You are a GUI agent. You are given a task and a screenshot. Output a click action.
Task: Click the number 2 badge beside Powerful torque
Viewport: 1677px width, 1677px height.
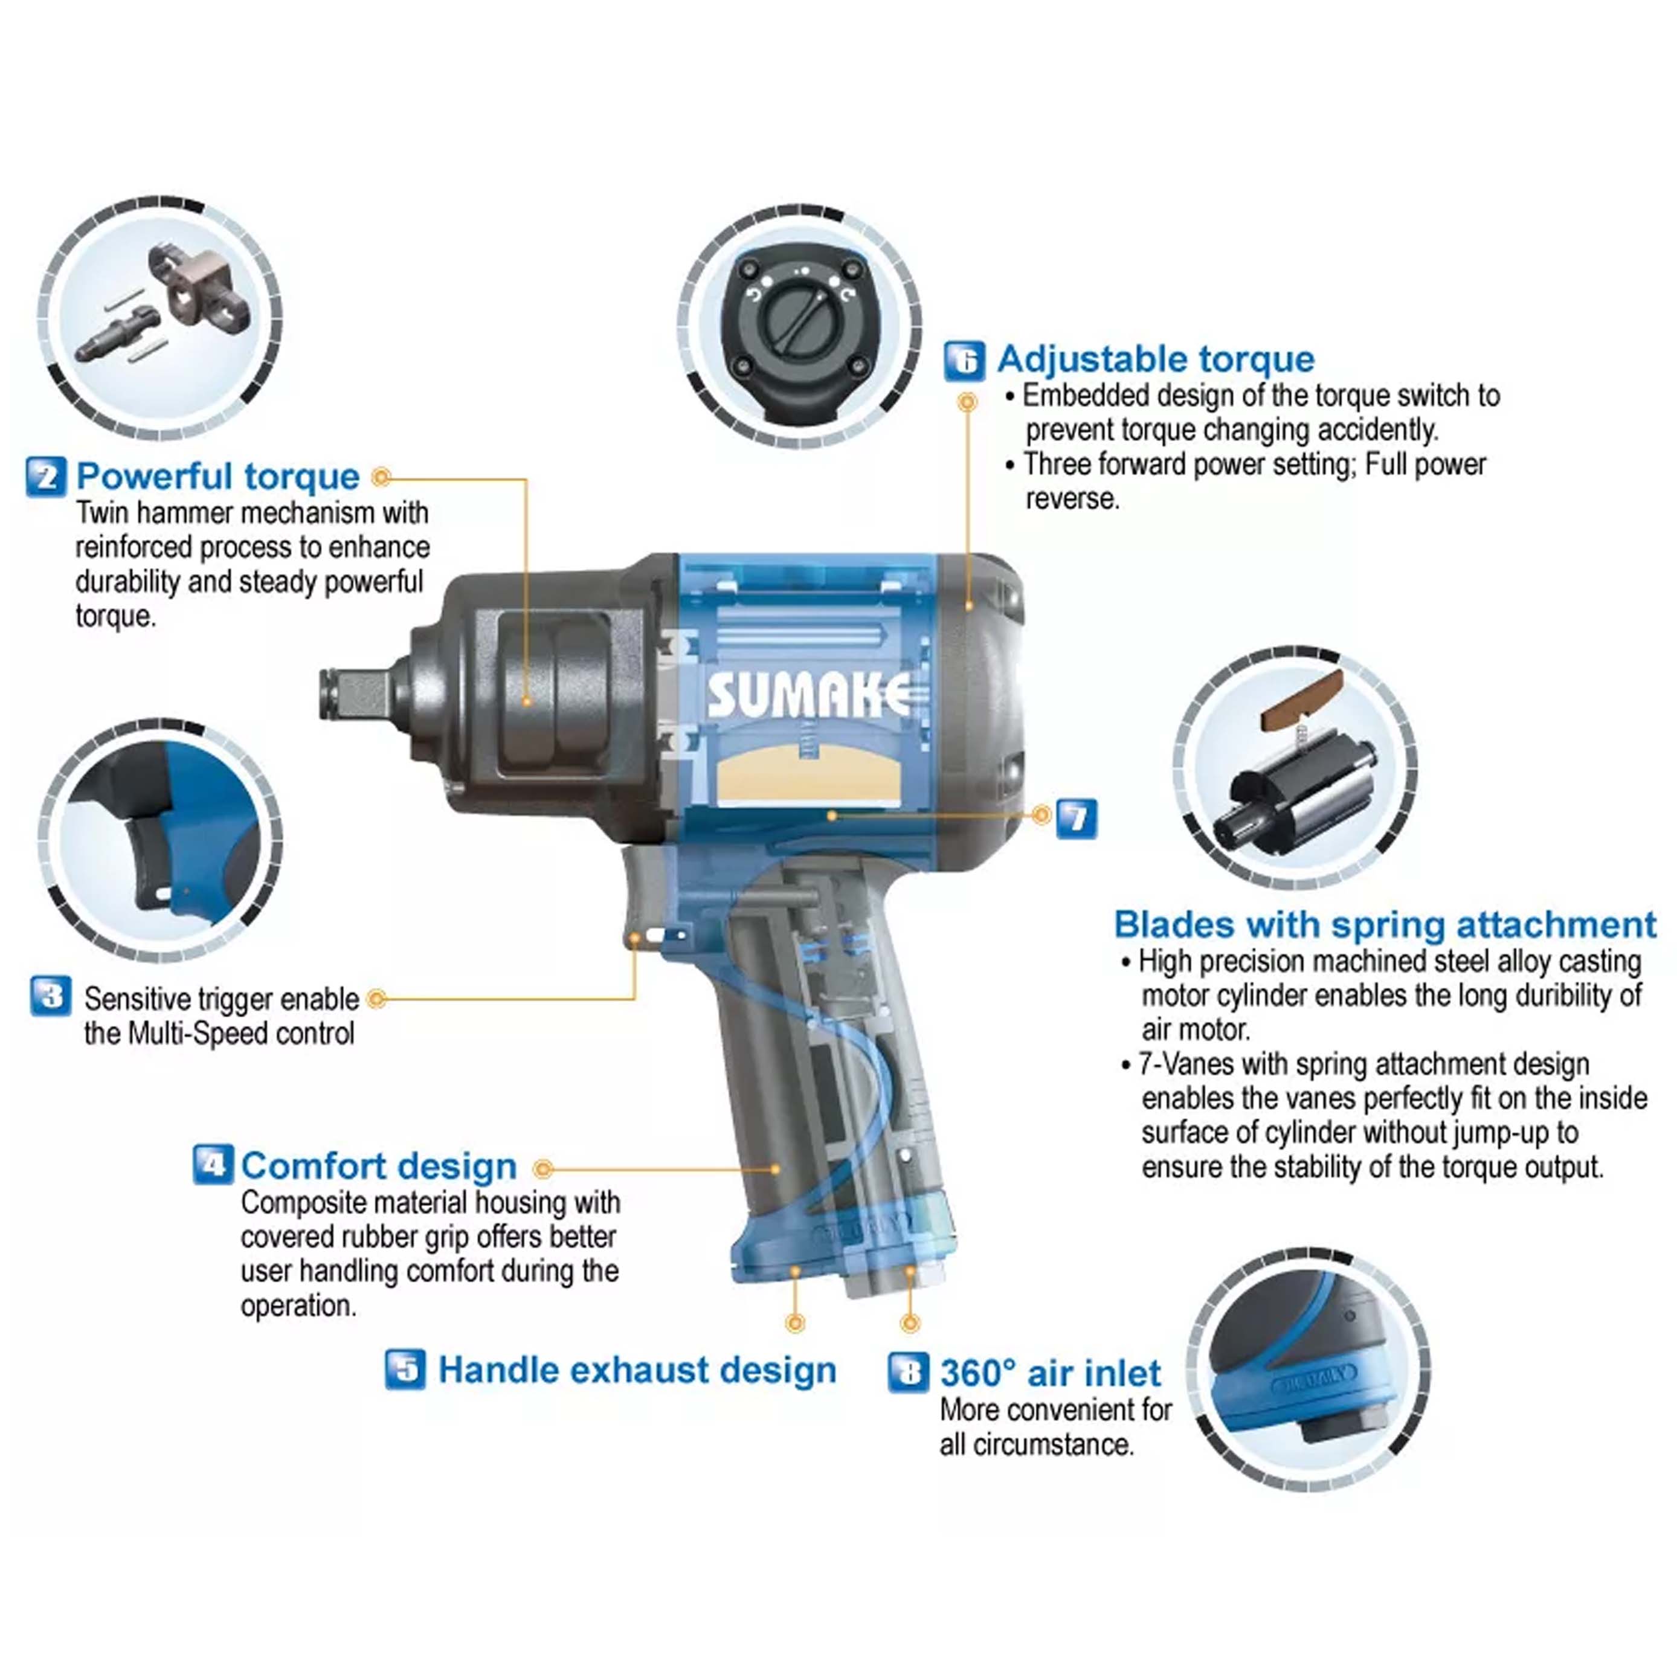[46, 477]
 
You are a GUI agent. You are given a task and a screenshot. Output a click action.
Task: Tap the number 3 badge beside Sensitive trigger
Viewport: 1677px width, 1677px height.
[51, 996]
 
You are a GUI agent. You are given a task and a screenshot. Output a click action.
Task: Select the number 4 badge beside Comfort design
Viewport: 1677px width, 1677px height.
[213, 1164]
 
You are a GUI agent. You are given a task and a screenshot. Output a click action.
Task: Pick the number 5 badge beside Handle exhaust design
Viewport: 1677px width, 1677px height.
[405, 1369]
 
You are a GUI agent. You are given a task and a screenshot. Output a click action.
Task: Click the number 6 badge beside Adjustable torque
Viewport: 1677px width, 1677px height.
[964, 360]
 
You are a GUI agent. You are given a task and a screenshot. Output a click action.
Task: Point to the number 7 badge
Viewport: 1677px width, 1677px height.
[1077, 819]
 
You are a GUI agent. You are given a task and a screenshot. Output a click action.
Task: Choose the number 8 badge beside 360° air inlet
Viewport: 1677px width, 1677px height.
[909, 1373]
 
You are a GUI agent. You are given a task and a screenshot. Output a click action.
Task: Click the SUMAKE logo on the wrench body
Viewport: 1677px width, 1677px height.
[809, 694]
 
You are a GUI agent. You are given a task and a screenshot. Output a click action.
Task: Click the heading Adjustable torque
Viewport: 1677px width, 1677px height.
[1155, 358]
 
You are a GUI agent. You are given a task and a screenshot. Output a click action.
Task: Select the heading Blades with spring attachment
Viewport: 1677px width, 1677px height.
[1385, 925]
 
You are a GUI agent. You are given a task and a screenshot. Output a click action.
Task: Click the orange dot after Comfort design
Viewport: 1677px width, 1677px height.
[543, 1168]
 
